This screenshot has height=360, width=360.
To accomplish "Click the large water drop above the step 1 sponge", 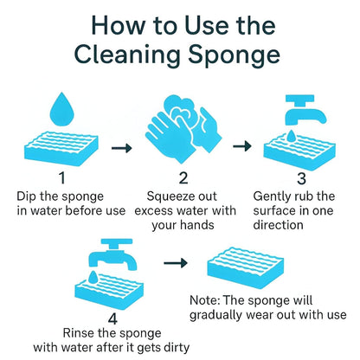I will coord(61,109).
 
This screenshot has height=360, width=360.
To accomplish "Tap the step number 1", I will coord(62,178).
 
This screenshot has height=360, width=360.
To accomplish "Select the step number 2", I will coord(183,178).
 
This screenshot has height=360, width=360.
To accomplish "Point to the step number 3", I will coord(302,178).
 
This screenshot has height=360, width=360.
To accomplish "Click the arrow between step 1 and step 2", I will coord(123,148).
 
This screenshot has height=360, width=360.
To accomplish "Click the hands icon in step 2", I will coord(183,127).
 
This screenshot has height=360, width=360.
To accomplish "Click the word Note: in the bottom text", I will coord(209,299).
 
